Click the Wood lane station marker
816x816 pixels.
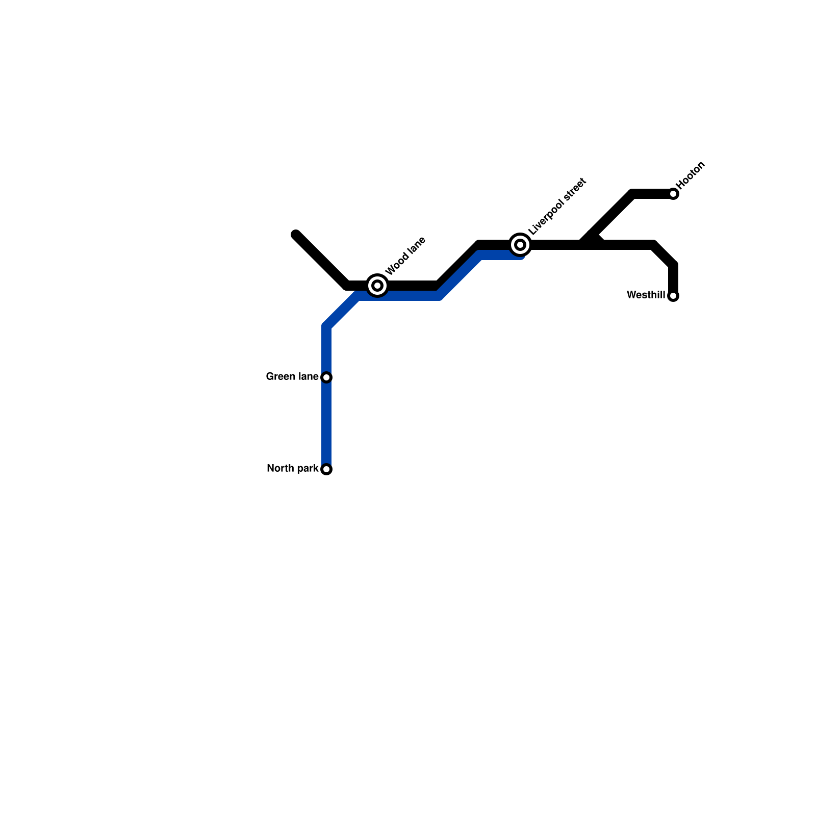377,286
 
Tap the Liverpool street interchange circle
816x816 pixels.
520,245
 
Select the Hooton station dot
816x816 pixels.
673,194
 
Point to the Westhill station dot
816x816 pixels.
673,296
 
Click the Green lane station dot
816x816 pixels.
327,377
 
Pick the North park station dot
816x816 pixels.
327,469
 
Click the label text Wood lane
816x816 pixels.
405,256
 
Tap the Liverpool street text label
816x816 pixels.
557,207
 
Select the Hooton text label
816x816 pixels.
691,175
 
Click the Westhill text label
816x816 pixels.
646,295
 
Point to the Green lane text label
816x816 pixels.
292,377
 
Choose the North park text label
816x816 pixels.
293,469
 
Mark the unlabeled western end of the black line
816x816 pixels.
296,235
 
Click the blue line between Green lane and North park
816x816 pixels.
327,423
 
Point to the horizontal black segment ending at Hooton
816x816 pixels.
653,194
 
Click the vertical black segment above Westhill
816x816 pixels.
673,278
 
